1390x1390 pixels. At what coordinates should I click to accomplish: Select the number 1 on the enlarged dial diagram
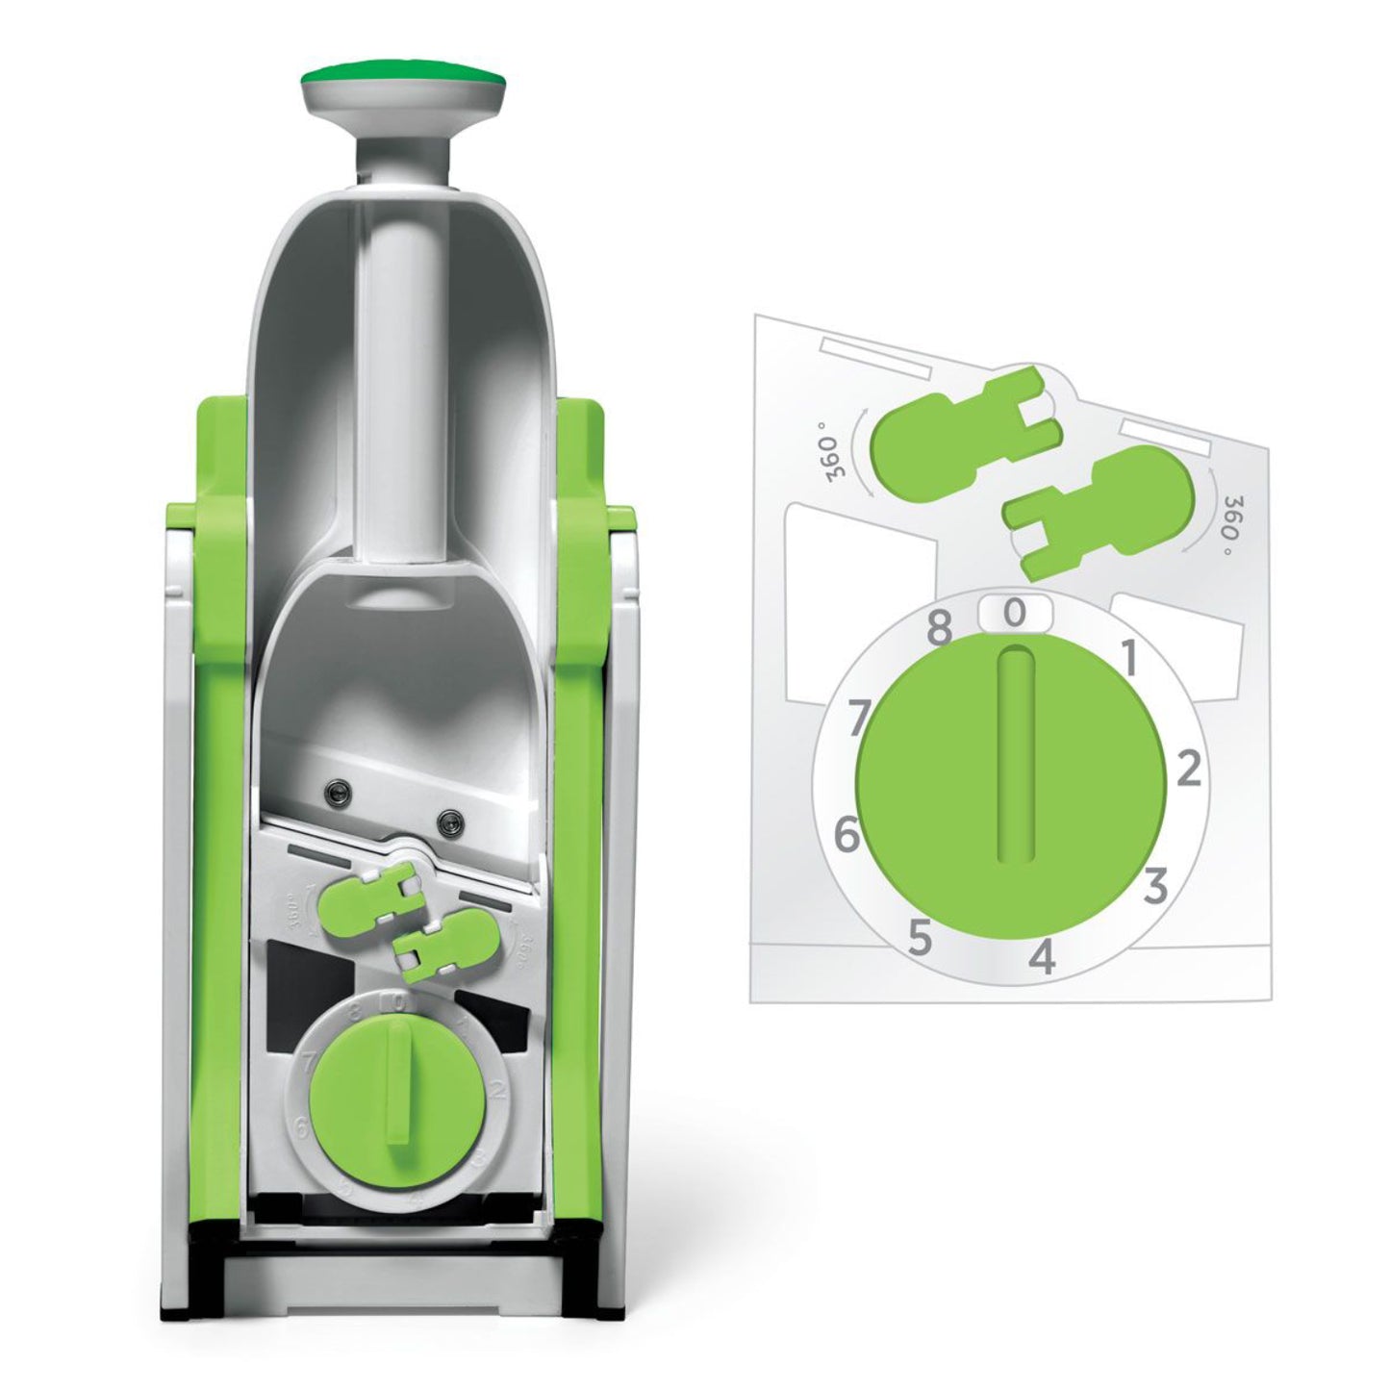click(1130, 661)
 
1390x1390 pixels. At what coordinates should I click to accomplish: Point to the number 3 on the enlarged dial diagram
click(1155, 886)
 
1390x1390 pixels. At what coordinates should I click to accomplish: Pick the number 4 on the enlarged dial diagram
click(1044, 958)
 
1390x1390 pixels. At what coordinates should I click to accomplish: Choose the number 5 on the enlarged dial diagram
click(920, 939)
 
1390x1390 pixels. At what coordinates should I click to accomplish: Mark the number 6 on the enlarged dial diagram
click(846, 834)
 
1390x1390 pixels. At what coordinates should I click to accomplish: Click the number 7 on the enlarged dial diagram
click(861, 717)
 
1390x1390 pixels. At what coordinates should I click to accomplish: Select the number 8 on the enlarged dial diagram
click(939, 630)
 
